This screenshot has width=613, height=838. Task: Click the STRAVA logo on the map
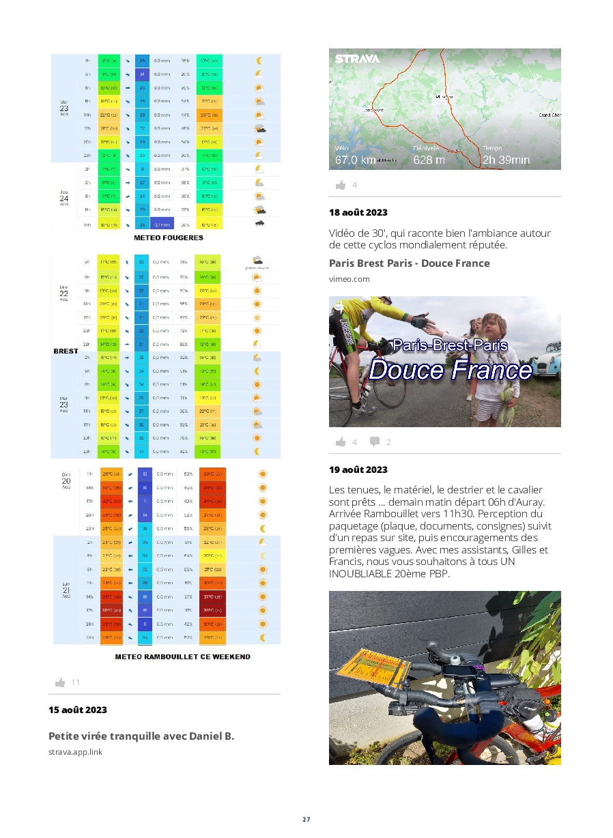(x=357, y=59)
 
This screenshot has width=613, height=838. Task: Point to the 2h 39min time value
(x=506, y=160)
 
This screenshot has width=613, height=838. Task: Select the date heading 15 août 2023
(x=78, y=710)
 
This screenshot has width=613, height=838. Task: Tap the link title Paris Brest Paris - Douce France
(x=409, y=263)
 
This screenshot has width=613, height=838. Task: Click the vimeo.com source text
(x=350, y=278)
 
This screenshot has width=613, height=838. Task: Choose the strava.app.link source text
(x=75, y=752)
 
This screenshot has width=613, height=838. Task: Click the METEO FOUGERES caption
(x=168, y=238)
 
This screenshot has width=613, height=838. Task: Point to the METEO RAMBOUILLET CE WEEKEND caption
(x=182, y=656)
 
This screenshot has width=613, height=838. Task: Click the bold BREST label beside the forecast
(x=66, y=351)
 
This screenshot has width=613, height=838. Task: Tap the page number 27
(x=306, y=820)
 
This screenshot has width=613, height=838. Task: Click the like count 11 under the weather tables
(x=75, y=682)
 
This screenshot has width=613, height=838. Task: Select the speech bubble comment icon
(x=375, y=442)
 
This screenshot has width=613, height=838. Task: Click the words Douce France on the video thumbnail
(x=450, y=370)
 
